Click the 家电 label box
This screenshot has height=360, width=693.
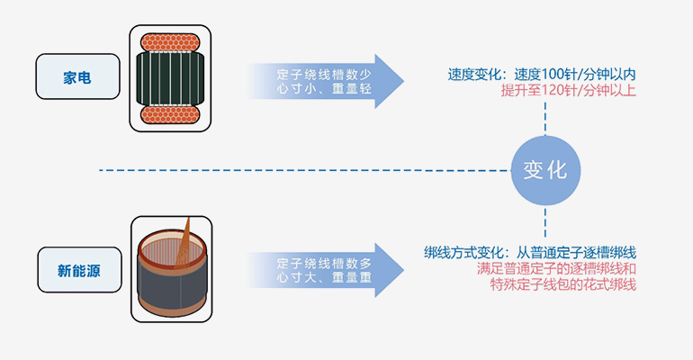click(x=77, y=77)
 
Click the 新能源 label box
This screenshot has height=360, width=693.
click(x=79, y=269)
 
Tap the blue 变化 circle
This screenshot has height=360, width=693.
click(x=545, y=170)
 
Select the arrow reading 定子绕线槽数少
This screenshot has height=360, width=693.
click(x=325, y=74)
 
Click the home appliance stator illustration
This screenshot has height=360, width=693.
click(x=173, y=76)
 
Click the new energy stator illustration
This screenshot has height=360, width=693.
click(x=173, y=267)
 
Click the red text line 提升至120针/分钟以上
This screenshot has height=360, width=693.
click(x=568, y=91)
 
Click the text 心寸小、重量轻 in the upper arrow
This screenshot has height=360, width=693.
click(x=324, y=90)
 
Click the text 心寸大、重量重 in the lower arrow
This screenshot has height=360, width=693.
click(x=324, y=279)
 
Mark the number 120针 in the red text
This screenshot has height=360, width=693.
click(x=560, y=91)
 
